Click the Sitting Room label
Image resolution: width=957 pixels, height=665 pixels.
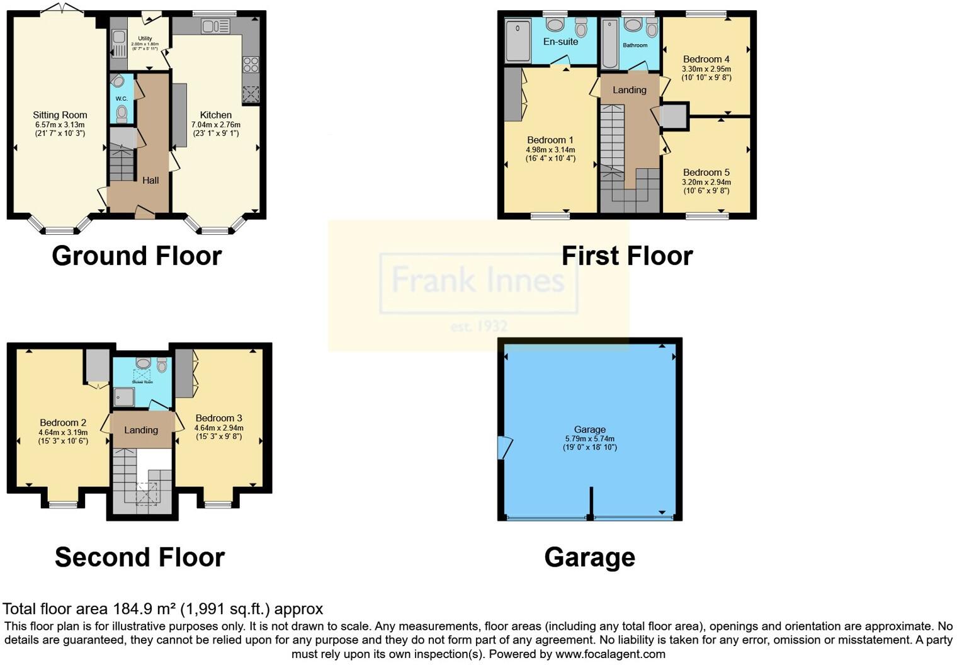60,115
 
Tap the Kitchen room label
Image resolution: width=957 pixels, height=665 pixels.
216,115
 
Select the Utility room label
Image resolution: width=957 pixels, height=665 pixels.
145,38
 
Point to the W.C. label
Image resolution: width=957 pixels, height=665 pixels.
122,98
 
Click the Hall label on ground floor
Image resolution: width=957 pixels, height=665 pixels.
150,180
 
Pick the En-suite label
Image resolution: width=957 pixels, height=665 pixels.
560,42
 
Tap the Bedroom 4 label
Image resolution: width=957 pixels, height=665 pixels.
706,59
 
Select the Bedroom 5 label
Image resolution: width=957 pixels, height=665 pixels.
706,172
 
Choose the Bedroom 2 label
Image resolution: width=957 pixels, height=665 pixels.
63,423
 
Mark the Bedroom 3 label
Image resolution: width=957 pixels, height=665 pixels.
218,418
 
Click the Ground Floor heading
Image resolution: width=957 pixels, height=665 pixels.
137,256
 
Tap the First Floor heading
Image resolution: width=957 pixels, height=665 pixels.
627,256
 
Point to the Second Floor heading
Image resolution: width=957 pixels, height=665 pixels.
139,557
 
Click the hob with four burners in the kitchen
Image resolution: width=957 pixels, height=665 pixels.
251,64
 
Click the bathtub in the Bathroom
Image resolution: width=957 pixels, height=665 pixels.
610,43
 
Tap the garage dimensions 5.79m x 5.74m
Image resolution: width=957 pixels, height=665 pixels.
589,439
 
